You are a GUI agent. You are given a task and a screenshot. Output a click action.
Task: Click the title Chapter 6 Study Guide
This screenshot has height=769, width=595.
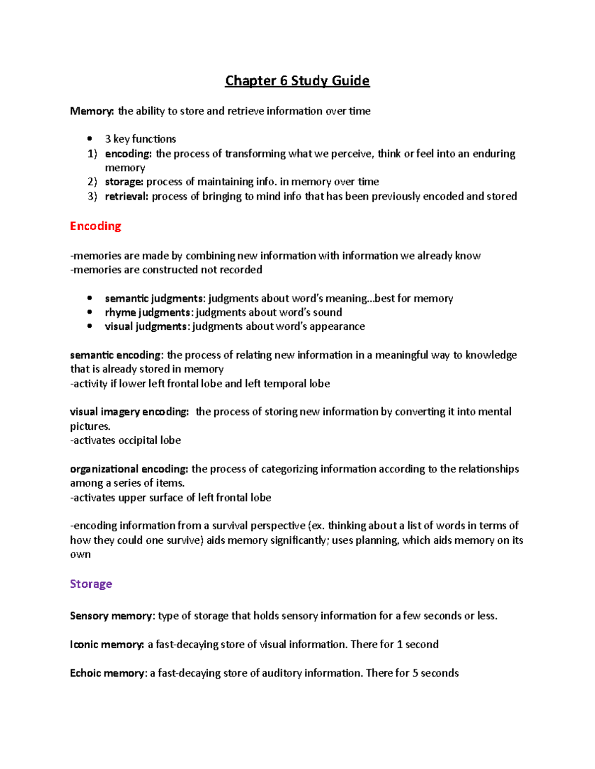pos(297,81)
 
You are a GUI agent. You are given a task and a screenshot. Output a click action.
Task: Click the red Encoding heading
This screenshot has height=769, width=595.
pos(96,226)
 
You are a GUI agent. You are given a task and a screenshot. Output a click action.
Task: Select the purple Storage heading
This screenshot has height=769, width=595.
pos(91,584)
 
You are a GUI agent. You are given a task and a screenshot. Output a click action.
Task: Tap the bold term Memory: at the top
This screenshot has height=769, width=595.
pos(92,111)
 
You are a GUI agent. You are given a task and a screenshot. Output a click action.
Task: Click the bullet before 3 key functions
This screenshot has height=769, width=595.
pos(90,139)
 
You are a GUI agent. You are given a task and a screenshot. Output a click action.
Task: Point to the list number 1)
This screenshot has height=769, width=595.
pos(92,154)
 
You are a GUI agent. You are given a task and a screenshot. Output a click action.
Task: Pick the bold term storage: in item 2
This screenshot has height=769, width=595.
pos(124,182)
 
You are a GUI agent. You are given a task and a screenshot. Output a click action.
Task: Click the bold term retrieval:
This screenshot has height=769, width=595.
pos(126,197)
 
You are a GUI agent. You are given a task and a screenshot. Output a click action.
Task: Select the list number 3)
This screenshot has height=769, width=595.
pos(92,197)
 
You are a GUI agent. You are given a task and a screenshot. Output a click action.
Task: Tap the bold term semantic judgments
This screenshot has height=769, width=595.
pos(154,299)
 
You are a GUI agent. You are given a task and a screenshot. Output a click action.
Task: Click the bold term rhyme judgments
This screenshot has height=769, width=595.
pos(147,312)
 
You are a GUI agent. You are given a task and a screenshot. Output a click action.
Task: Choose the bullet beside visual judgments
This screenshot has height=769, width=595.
pos(90,326)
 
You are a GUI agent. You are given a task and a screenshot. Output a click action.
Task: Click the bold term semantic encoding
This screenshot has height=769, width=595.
pos(116,355)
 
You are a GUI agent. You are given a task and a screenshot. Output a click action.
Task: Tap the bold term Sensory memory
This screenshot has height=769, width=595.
pos(112,616)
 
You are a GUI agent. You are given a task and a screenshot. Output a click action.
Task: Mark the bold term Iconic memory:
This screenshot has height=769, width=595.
pos(107,645)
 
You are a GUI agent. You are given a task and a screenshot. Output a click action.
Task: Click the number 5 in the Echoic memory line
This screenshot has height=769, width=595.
pos(416,673)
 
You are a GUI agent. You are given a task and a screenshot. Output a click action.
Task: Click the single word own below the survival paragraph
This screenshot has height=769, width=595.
pos(80,555)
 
